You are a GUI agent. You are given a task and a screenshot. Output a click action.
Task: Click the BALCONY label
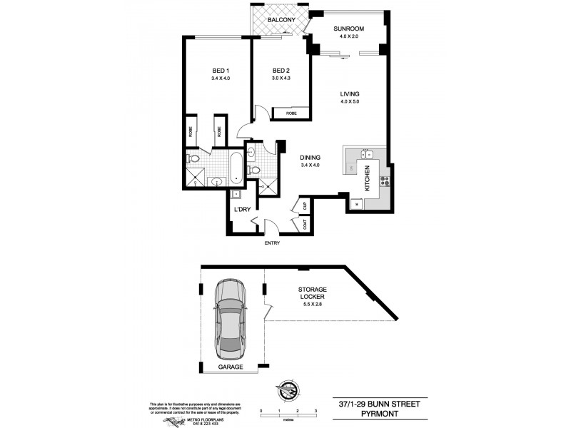(278, 20)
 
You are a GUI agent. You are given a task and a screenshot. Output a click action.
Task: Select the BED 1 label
(221, 71)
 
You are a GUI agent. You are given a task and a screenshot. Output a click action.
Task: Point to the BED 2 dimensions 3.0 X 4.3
(281, 78)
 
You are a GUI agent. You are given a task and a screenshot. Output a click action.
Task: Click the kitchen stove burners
(383, 180)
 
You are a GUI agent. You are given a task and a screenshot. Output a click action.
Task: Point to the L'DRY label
(242, 209)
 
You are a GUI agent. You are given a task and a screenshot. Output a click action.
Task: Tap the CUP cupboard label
(305, 206)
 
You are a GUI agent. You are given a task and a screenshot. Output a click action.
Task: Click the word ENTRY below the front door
(271, 243)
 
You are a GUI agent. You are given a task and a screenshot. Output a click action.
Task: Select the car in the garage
(231, 321)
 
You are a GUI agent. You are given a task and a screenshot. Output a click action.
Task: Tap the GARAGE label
(229, 367)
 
